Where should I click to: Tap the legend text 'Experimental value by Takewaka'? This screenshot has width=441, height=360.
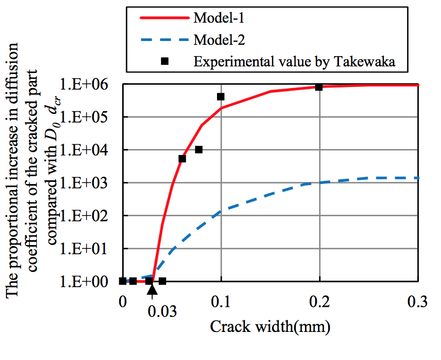[295, 62]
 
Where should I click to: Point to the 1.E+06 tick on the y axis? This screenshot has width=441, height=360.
[89, 84]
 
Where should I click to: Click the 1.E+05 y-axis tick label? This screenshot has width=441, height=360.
[89, 117]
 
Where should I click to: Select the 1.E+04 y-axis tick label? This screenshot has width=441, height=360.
[89, 150]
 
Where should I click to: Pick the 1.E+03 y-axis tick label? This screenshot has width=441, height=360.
[89, 183]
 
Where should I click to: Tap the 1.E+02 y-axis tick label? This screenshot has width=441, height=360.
[89, 216]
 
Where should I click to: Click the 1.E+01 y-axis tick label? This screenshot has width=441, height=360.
[89, 249]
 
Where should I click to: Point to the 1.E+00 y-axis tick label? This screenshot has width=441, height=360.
[89, 282]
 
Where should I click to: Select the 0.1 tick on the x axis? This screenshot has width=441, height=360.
[221, 302]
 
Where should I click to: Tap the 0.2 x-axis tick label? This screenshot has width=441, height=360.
[320, 302]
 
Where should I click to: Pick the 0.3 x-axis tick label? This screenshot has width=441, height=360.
[417, 302]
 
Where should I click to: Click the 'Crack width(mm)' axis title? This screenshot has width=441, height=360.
[270, 327]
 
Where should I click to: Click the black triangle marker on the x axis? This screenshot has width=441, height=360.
[152, 289]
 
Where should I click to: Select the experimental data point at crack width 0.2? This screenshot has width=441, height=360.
[319, 87]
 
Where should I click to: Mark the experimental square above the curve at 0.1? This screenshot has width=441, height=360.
[221, 97]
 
